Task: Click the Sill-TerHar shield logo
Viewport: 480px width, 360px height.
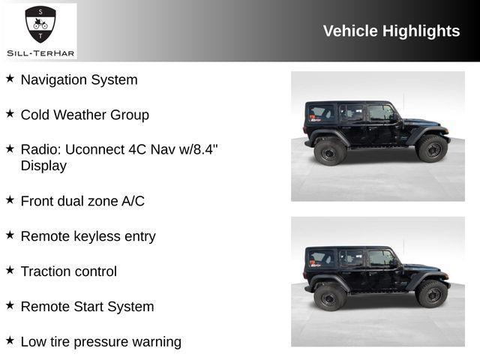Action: (40, 24)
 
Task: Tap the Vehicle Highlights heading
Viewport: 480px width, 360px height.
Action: (391, 31)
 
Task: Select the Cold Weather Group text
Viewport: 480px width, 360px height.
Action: (85, 115)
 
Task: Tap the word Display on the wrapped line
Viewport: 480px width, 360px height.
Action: (43, 166)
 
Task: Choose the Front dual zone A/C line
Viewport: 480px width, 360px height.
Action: (82, 201)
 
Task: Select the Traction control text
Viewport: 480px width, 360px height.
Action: (68, 271)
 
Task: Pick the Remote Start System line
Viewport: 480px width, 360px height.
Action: (87, 307)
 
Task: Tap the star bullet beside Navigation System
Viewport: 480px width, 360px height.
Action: (10, 78)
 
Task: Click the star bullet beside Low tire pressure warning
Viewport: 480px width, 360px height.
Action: (10, 340)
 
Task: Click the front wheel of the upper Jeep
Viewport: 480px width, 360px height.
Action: (432, 148)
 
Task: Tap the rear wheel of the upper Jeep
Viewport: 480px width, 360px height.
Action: (330, 151)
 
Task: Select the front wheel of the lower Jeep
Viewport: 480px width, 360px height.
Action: (432, 294)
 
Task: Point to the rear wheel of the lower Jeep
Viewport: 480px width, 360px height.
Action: (330, 297)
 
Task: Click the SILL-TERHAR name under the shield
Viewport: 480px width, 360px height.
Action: (40, 52)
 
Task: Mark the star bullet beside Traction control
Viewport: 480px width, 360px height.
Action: (10, 270)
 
